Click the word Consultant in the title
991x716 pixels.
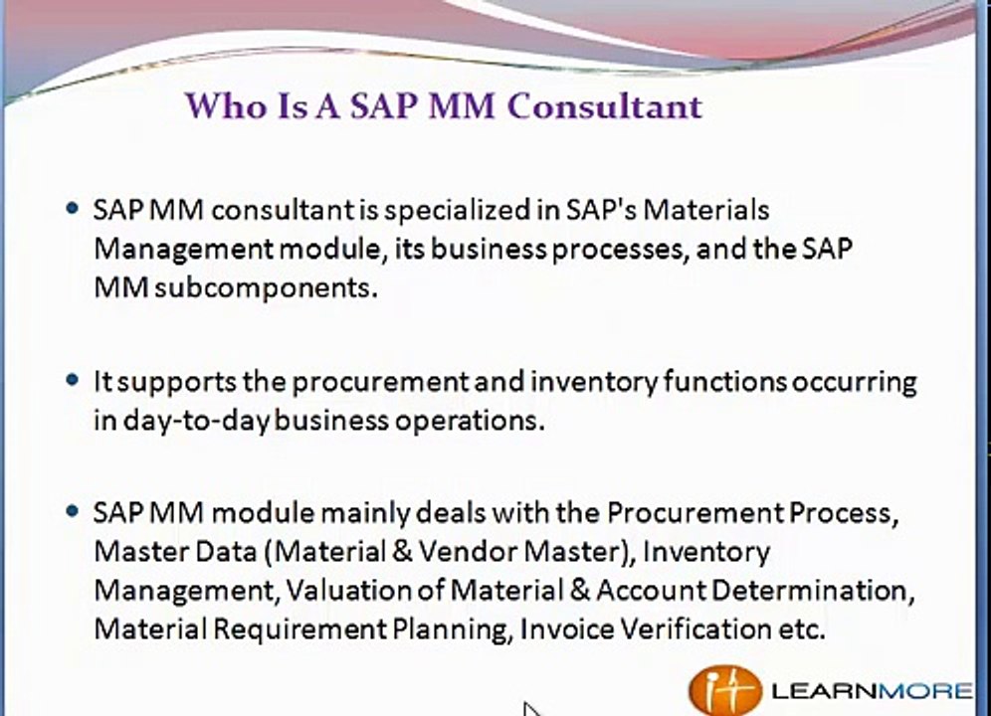point(605,105)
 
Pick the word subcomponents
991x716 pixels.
point(266,288)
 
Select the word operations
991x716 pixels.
point(470,421)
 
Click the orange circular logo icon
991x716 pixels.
point(725,689)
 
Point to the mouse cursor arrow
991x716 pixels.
point(531,709)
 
